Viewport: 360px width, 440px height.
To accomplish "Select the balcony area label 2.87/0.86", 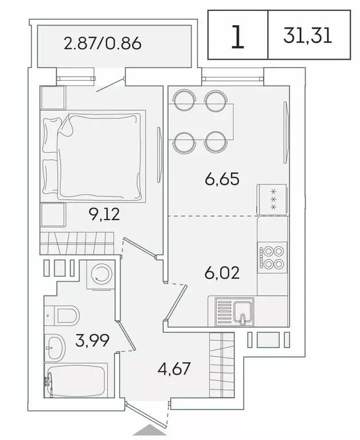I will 102,44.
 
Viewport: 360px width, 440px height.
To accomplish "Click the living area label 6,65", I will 221,179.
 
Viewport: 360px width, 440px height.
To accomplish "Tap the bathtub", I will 77,381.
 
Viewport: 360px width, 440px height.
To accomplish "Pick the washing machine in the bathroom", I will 102,275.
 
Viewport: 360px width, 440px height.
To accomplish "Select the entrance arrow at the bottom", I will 148,431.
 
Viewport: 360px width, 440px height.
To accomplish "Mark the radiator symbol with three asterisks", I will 271,199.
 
